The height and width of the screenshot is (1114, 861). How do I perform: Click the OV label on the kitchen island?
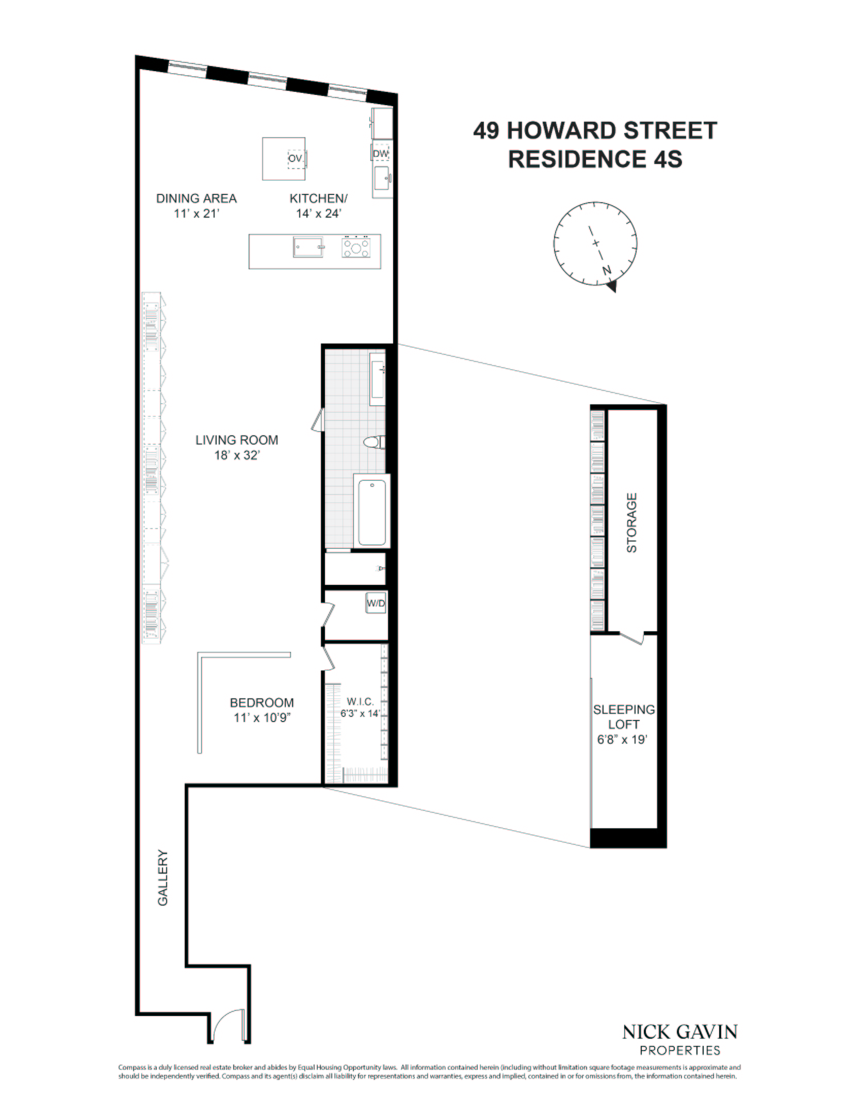tap(295, 158)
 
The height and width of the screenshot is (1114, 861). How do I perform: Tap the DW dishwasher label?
tap(380, 154)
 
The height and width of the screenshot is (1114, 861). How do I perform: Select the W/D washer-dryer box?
tap(376, 603)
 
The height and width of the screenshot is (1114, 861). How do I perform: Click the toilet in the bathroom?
tap(374, 443)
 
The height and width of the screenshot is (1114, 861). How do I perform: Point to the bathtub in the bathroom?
tap(372, 512)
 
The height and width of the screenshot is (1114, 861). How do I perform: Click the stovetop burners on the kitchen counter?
tap(356, 247)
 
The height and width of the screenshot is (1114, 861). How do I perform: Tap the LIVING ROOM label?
tap(236, 440)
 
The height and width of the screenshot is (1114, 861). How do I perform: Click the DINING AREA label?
tap(196, 199)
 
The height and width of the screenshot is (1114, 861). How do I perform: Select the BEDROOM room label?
tap(262, 702)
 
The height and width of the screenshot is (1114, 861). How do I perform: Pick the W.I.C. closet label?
tap(360, 702)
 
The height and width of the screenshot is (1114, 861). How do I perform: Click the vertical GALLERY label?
tap(163, 877)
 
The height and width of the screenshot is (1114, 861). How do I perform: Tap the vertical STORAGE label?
tap(632, 522)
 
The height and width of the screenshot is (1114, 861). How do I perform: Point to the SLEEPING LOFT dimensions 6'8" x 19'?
tap(622, 740)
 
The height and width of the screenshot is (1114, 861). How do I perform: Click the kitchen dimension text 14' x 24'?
tap(318, 214)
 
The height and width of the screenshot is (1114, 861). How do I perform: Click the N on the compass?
tap(607, 270)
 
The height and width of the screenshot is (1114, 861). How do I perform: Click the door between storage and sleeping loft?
tap(631, 638)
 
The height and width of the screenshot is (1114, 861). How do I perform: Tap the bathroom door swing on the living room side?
tap(317, 419)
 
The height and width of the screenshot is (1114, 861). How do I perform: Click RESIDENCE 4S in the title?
tap(595, 159)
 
